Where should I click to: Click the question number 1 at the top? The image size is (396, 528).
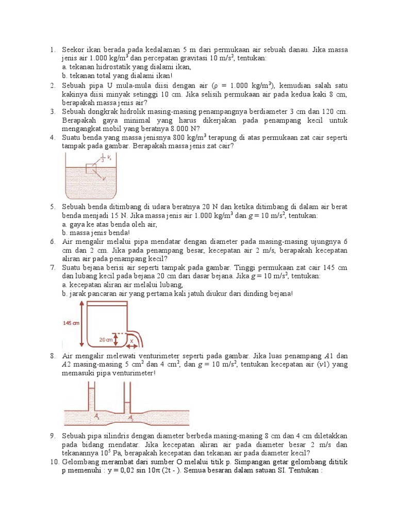click(53, 50)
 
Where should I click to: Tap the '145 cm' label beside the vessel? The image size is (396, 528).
click(71, 323)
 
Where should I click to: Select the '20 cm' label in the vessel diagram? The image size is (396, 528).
click(106, 339)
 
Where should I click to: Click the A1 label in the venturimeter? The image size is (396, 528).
click(97, 415)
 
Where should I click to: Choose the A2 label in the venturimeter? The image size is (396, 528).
click(131, 418)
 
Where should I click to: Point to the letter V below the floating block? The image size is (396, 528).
click(105, 179)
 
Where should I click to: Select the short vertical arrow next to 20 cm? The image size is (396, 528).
click(121, 339)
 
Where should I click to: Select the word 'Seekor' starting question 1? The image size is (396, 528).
click(73, 50)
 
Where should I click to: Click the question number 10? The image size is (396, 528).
click(55, 462)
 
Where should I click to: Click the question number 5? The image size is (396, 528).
click(53, 207)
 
